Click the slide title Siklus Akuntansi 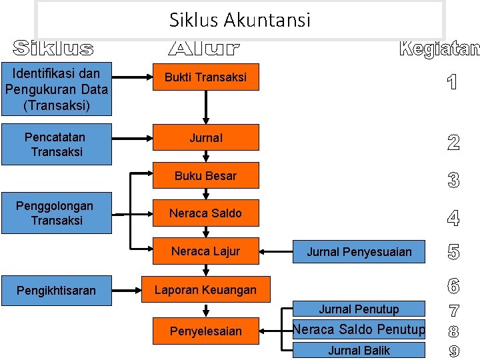(x=240, y=20)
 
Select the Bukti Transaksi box (x=205, y=77)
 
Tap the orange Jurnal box (x=205, y=138)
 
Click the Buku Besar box (x=205, y=176)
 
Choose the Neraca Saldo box (x=205, y=213)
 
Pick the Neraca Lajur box (x=205, y=251)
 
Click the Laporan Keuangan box (x=205, y=290)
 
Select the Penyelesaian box (x=205, y=331)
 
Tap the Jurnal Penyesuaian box (x=359, y=252)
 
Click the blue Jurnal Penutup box (x=359, y=309)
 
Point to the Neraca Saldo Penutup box (x=359, y=329)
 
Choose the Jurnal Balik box (x=359, y=350)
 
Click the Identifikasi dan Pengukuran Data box (x=56, y=89)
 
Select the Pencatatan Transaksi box (x=56, y=145)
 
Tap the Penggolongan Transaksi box (x=56, y=213)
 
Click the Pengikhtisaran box (x=56, y=291)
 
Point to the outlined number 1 (x=453, y=83)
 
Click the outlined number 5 (x=453, y=252)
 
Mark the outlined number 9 (x=453, y=351)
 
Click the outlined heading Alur (x=203, y=49)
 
